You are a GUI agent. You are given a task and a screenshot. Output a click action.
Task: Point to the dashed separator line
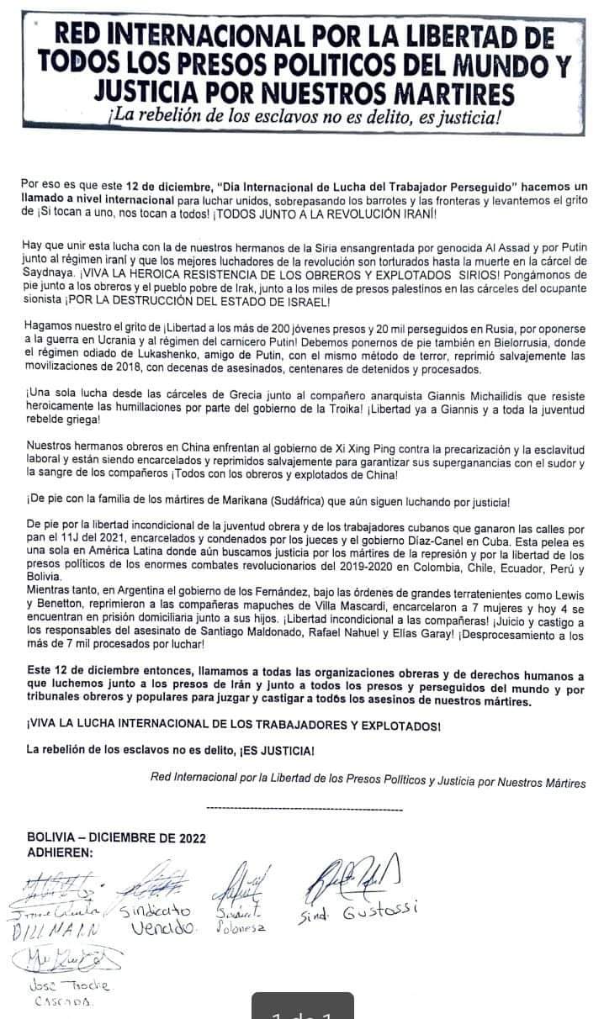coord(304,808)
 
